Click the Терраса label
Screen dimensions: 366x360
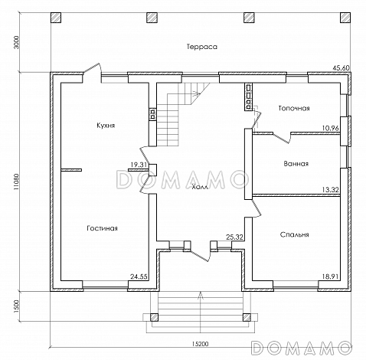coord(202,47)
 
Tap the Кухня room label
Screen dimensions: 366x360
coord(106,126)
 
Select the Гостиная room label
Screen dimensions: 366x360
coord(102,228)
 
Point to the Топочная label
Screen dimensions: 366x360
coord(294,108)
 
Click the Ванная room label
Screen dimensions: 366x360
coord(296,163)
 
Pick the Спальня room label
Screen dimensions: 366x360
coord(294,234)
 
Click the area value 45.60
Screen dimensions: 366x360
coord(341,68)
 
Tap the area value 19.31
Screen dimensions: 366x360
coord(139,165)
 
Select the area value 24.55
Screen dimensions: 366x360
coord(139,277)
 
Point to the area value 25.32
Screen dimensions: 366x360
coord(234,237)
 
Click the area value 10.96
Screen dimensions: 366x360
coord(330,128)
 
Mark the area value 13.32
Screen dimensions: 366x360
coord(330,190)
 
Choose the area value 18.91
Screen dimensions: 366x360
coord(330,277)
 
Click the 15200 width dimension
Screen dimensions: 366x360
coord(200,344)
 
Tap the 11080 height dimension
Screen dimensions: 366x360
coord(16,182)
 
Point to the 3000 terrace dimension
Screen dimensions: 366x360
coord(16,41)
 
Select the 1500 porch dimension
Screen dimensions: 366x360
coord(16,306)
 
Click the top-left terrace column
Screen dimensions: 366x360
coord(56,18)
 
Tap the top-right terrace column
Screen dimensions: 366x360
coord(345,18)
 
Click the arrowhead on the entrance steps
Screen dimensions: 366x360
coord(201,295)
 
